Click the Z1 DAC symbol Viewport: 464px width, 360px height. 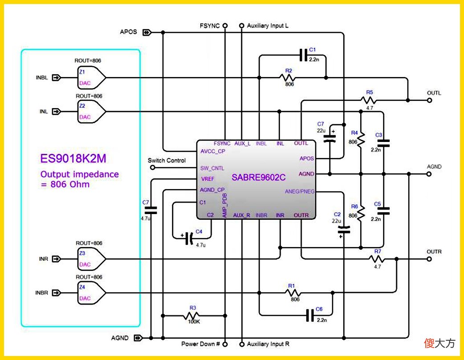[91, 77]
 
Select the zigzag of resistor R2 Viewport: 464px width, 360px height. [287, 77]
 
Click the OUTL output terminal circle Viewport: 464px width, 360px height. [429, 100]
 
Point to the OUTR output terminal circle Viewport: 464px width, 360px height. [429, 259]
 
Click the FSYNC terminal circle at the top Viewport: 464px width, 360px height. [225, 26]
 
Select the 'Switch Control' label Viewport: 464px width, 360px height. [167, 160]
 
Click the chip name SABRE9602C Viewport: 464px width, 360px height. [258, 177]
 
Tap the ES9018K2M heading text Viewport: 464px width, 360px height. [73, 158]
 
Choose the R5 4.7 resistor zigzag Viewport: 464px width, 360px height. [369, 100]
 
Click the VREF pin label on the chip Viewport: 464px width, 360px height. [208, 179]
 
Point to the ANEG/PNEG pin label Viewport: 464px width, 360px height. [300, 191]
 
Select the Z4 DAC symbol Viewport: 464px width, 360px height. [91, 292]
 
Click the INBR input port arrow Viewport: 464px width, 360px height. [56, 293]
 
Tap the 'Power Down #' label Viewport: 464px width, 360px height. [200, 344]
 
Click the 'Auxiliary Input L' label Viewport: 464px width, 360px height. [268, 26]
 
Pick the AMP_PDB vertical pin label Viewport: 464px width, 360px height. [224, 205]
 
